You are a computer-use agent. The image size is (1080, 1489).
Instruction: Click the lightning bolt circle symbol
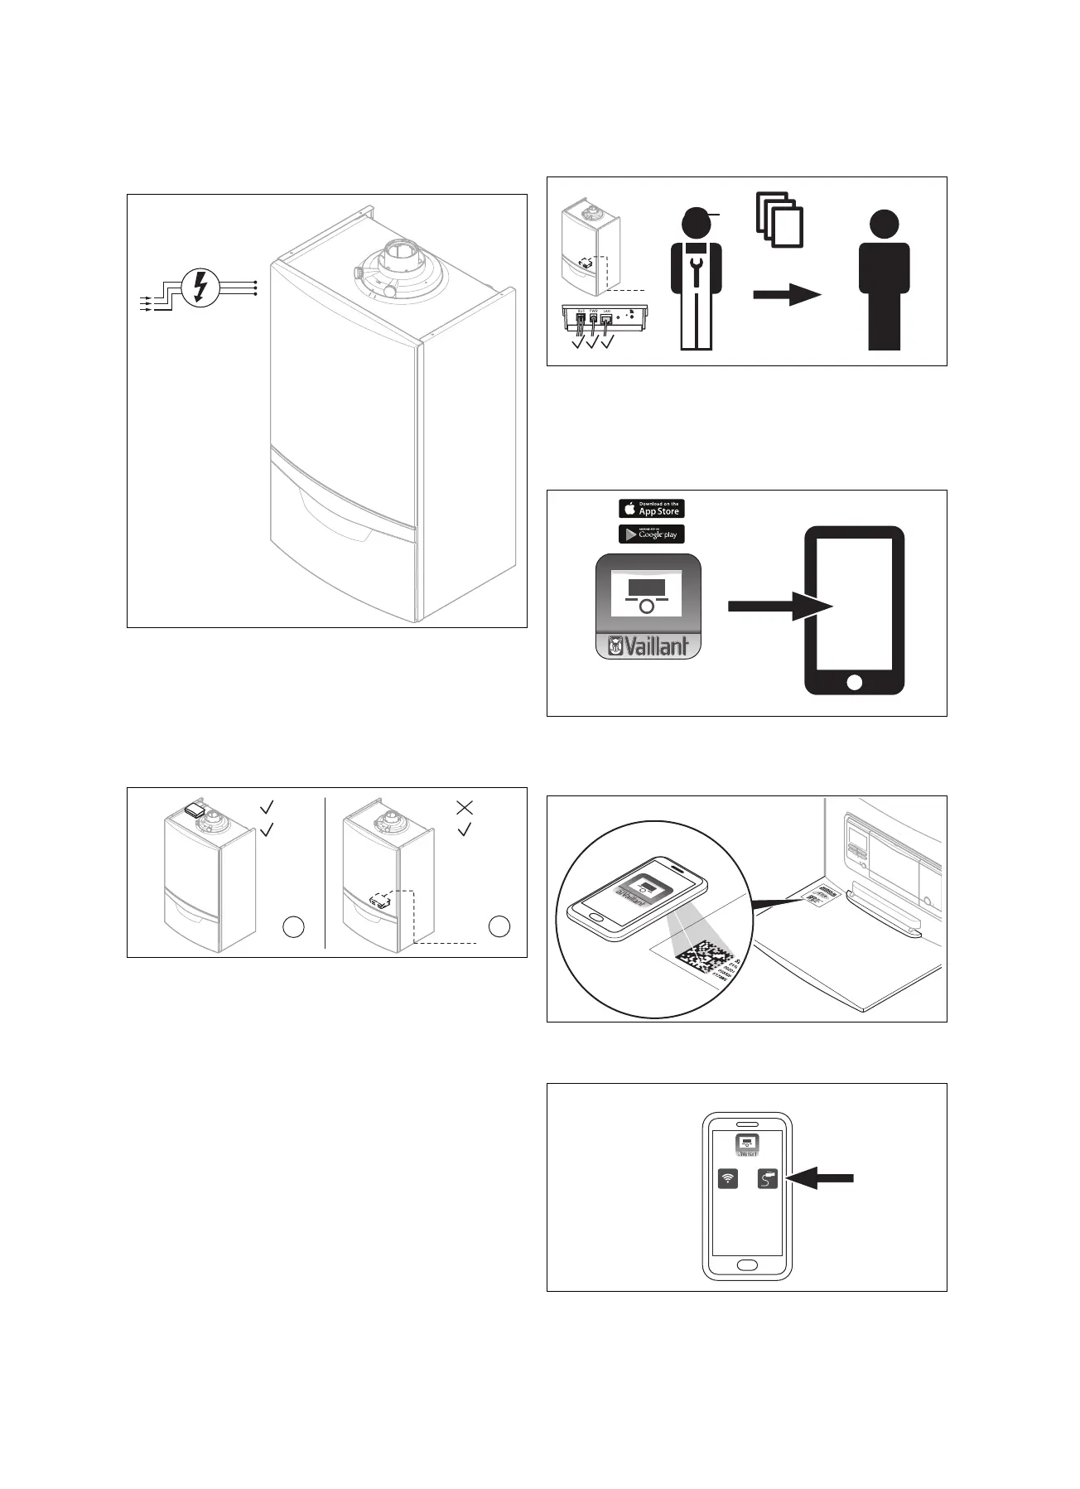coord(200,288)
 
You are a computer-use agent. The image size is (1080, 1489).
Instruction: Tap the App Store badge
coord(652,508)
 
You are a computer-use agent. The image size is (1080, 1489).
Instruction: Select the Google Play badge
coord(652,534)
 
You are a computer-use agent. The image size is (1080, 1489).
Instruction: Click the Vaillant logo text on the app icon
coord(648,646)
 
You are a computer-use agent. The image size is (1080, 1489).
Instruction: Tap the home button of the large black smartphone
coord(855,681)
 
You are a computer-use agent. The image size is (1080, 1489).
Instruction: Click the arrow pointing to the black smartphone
coord(779,606)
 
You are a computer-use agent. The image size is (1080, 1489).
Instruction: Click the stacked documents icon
coord(779,219)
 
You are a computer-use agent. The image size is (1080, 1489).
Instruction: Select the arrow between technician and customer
coord(786,293)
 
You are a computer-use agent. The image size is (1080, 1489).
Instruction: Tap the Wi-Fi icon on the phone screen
coord(728,1178)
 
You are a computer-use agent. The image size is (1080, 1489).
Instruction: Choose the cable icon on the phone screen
coord(768,1178)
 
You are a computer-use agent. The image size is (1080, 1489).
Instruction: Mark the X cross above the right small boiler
coord(465,806)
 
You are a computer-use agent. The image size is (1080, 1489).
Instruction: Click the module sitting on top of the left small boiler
coord(195,810)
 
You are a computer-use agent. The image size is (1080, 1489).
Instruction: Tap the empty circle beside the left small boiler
coord(293,927)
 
